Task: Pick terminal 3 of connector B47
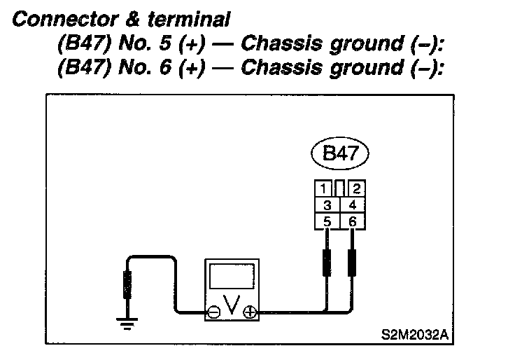pos(326,206)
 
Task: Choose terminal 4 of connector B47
pos(352,206)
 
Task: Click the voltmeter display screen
pos(232,280)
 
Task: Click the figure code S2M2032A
pos(414,334)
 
